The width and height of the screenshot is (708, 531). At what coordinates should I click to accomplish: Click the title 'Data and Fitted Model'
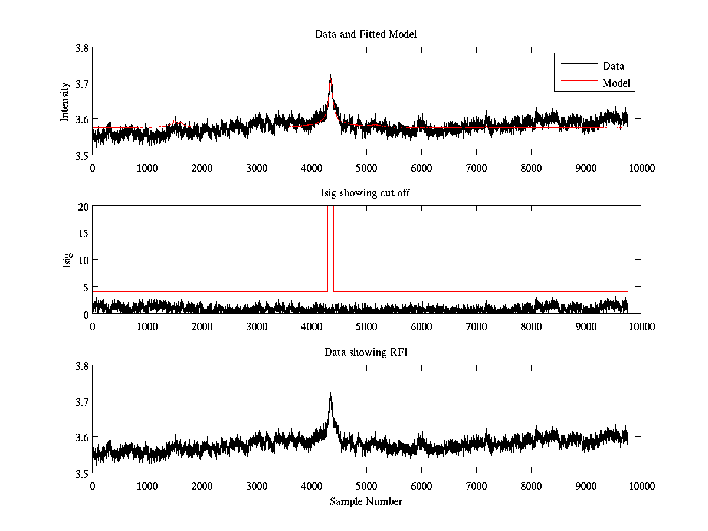pos(366,34)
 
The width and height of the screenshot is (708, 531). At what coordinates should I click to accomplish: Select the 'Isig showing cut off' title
pos(366,193)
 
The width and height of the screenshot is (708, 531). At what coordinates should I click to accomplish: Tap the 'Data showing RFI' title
pos(366,352)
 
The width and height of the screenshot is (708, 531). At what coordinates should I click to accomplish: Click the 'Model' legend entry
pos(616,83)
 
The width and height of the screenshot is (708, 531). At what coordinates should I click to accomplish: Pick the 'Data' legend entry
pos(613,66)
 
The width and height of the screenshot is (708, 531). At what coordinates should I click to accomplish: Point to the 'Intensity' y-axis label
pos(65,101)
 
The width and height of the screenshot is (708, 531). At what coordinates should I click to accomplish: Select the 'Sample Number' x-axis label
pos(366,501)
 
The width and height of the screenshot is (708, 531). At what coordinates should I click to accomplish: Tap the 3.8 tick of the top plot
pos(82,48)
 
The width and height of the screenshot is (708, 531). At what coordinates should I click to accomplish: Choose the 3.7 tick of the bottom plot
pos(82,402)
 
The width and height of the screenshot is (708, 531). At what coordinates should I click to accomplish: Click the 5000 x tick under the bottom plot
pos(366,486)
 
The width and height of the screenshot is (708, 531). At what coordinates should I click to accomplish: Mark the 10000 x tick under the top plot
pos(641,168)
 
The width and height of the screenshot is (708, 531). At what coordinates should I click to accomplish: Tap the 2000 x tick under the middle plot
pos(202,326)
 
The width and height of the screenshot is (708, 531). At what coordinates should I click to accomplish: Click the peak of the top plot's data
pos(330,76)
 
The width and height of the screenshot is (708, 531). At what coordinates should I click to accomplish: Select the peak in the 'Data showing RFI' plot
pos(330,394)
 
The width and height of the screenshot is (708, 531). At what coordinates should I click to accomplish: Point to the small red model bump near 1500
pos(175,122)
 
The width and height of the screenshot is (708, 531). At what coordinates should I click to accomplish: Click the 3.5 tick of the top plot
pos(82,155)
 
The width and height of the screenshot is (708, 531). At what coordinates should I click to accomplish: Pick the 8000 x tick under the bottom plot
pos(531,486)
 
